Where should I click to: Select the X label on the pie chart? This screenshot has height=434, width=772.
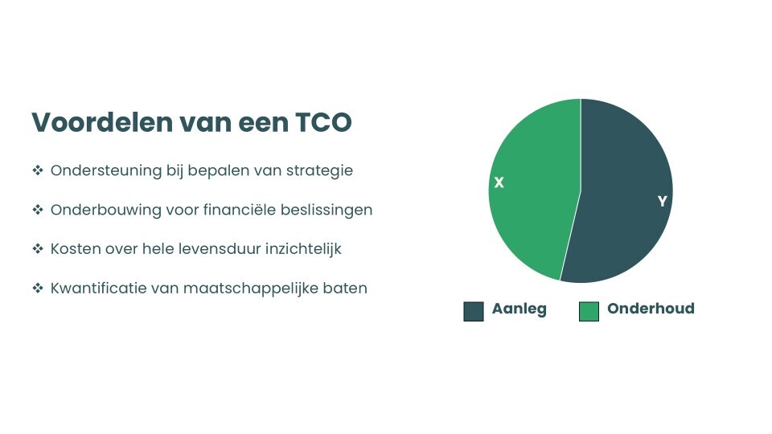(499, 183)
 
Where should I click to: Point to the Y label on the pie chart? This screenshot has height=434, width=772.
(662, 201)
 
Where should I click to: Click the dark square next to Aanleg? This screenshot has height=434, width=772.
(474, 311)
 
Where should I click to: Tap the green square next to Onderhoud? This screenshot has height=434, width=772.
(589, 311)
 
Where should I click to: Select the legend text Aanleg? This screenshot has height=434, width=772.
(519, 309)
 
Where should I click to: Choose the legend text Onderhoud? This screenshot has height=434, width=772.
(651, 309)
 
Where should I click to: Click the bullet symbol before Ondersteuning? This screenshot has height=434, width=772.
(37, 171)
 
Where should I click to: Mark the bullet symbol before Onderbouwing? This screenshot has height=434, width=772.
(37, 210)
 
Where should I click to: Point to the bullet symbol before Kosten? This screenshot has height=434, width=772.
(37, 249)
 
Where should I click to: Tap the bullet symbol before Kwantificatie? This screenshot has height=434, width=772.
(37, 288)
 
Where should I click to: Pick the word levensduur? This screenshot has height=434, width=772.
(220, 249)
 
